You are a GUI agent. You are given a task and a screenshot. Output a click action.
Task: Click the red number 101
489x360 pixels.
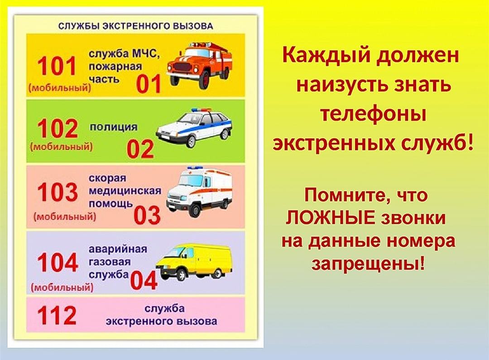coord(57,66)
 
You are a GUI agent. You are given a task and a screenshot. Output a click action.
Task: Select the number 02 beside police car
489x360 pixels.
coord(140,149)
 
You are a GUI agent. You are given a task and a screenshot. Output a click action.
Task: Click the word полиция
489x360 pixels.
coord(114,127)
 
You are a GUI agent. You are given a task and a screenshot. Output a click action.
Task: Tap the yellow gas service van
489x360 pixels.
coord(194,262)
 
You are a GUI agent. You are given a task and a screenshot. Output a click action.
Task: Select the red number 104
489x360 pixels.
coord(58,262)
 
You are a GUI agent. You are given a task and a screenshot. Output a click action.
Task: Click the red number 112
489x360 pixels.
coord(57,315)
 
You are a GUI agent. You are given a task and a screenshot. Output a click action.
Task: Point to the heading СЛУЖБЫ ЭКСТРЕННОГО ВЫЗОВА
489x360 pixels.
coord(136,26)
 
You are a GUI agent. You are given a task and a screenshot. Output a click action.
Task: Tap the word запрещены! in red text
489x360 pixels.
coord(368,264)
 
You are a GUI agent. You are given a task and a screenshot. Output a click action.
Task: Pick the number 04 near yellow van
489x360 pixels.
coord(143,280)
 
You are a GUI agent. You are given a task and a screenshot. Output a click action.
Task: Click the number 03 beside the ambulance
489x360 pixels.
coord(147,215)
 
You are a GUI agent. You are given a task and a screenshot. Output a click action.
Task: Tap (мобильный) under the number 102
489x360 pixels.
coord(62,147)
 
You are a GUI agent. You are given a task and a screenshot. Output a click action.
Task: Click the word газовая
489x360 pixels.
coord(110,262)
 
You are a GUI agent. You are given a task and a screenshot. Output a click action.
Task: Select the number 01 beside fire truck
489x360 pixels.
coord(149,84)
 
